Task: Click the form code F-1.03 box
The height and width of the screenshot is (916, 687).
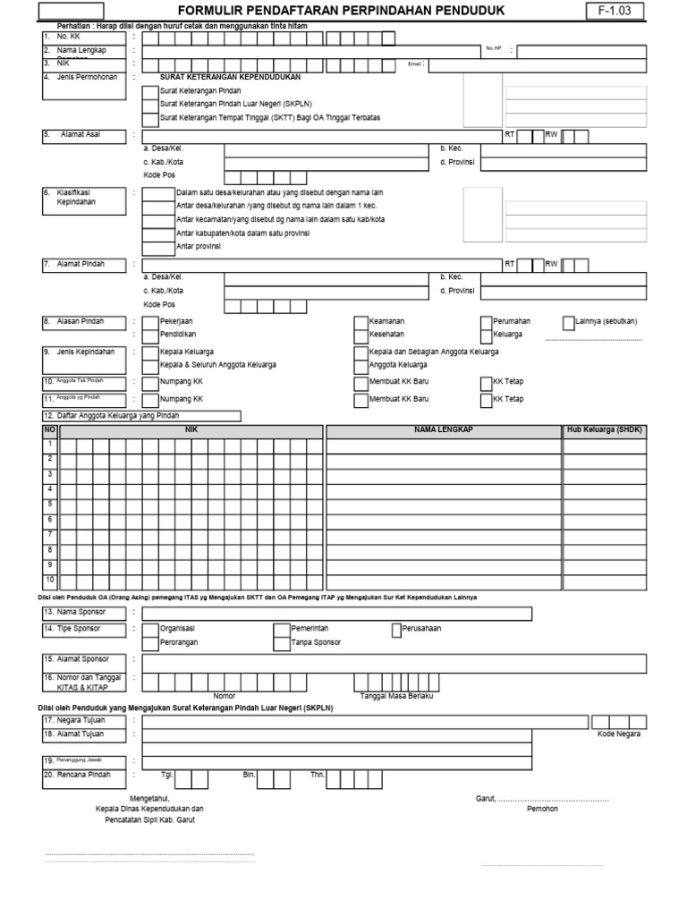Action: (x=614, y=11)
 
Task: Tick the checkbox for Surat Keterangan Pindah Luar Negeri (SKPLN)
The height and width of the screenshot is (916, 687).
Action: (x=151, y=104)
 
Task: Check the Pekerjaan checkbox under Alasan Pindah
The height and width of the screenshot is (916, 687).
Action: (x=151, y=320)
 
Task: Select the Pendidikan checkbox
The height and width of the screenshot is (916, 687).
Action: (x=151, y=334)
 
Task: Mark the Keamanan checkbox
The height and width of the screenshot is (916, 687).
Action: (x=360, y=320)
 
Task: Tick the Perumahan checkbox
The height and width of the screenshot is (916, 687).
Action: (x=486, y=320)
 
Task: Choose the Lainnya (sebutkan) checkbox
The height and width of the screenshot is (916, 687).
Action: (x=569, y=320)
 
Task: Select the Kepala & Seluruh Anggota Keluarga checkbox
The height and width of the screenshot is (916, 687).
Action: (x=151, y=365)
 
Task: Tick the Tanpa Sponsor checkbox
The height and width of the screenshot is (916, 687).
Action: (x=284, y=642)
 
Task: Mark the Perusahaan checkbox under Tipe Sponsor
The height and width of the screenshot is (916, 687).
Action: (x=396, y=629)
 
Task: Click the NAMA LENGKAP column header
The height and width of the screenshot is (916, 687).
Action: (x=443, y=430)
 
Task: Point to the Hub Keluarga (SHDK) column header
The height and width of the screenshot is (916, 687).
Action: (x=605, y=430)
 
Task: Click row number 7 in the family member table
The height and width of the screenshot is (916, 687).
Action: (x=50, y=535)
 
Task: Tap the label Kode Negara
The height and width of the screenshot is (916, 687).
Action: (x=619, y=734)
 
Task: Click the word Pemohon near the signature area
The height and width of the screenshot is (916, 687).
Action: (x=542, y=809)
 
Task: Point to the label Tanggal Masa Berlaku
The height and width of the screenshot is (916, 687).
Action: (x=395, y=695)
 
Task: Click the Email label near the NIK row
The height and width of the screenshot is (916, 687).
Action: (x=413, y=64)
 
